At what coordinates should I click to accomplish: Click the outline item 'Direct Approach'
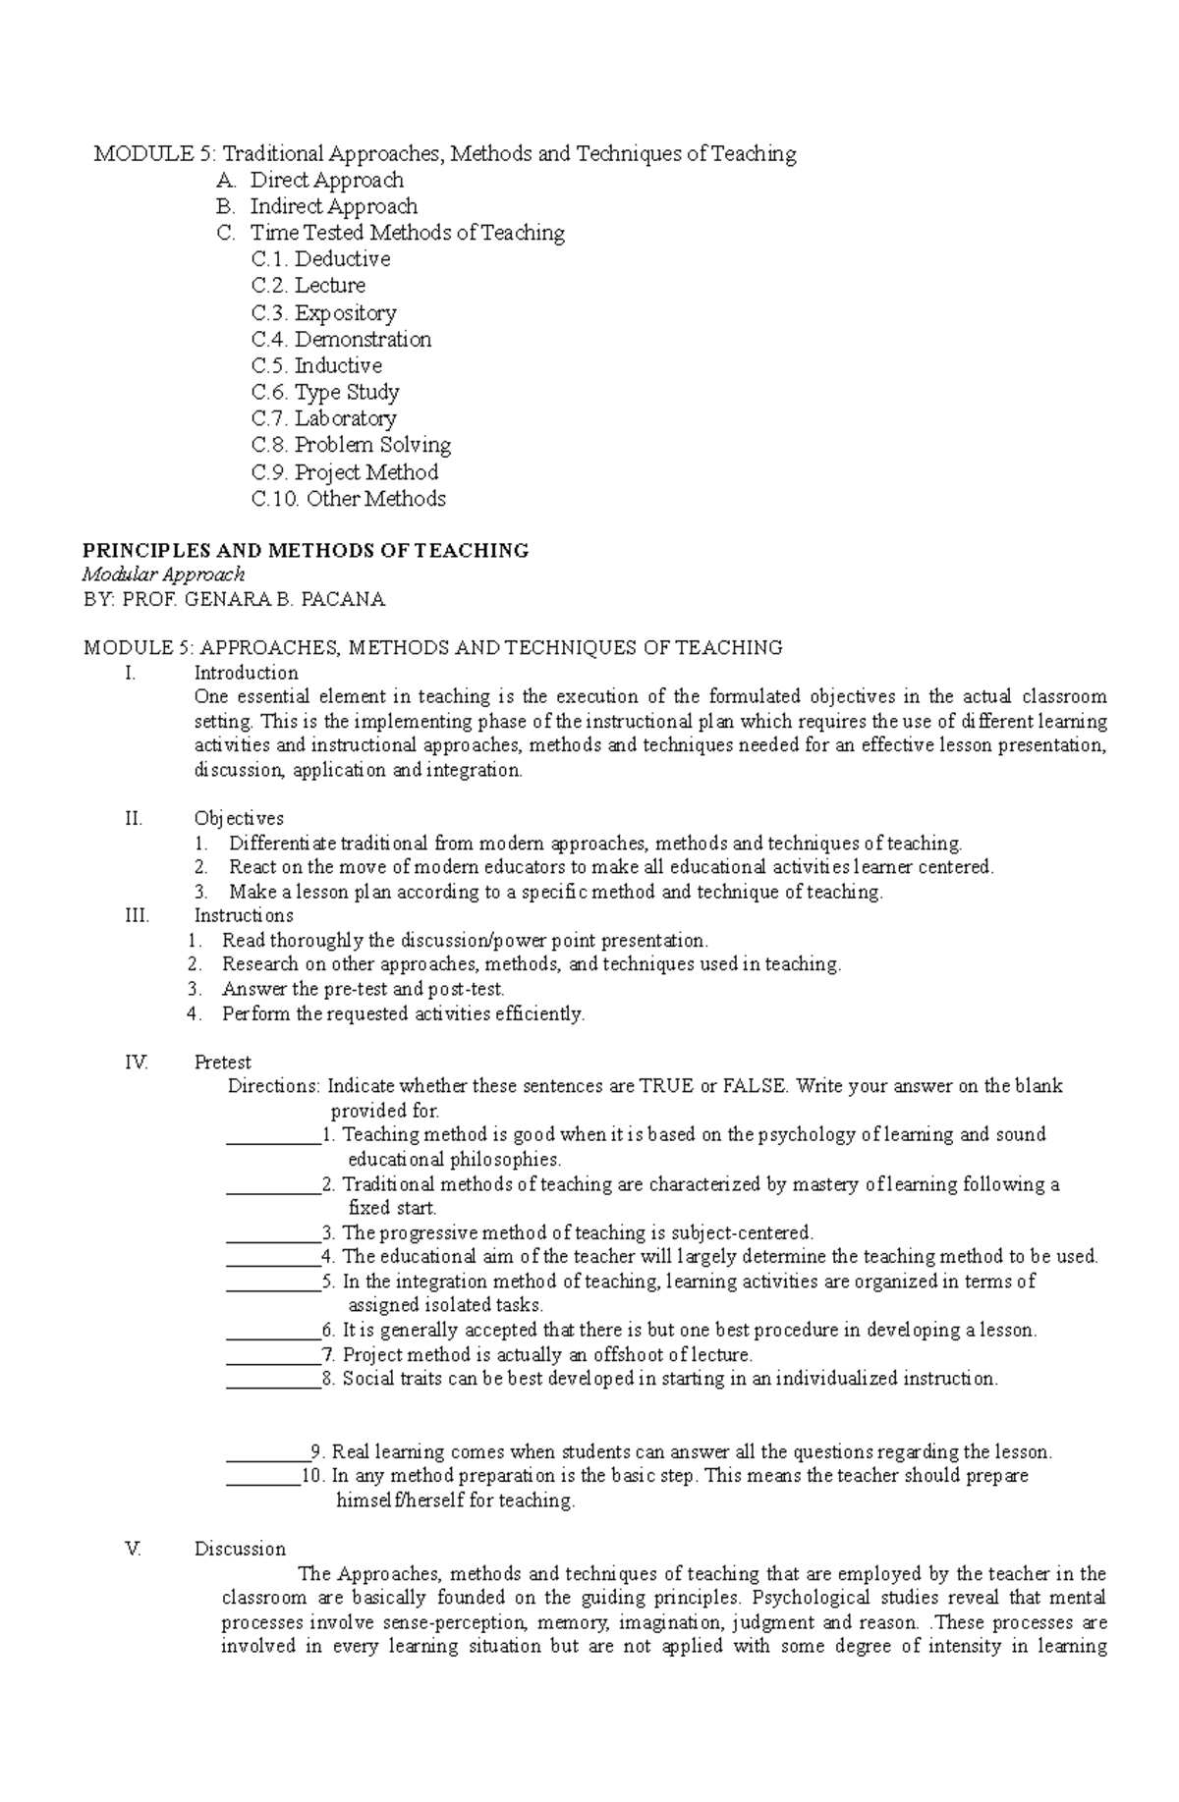[326, 180]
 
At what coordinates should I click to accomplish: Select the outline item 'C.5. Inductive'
[316, 365]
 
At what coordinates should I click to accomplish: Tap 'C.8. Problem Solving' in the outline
[351, 445]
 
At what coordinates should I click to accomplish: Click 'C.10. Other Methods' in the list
[348, 499]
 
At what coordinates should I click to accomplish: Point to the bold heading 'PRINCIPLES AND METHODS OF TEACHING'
[307, 550]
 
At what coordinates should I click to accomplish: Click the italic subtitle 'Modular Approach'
[163, 574]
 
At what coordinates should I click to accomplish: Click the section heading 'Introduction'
[246, 673]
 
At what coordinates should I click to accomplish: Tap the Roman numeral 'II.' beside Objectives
[135, 818]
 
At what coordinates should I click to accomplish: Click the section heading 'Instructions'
[244, 915]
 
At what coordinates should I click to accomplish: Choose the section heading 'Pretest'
[222, 1062]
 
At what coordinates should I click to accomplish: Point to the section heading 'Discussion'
[240, 1550]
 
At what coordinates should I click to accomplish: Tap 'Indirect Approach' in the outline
[333, 206]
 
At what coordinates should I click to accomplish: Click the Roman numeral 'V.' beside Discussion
[135, 1550]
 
